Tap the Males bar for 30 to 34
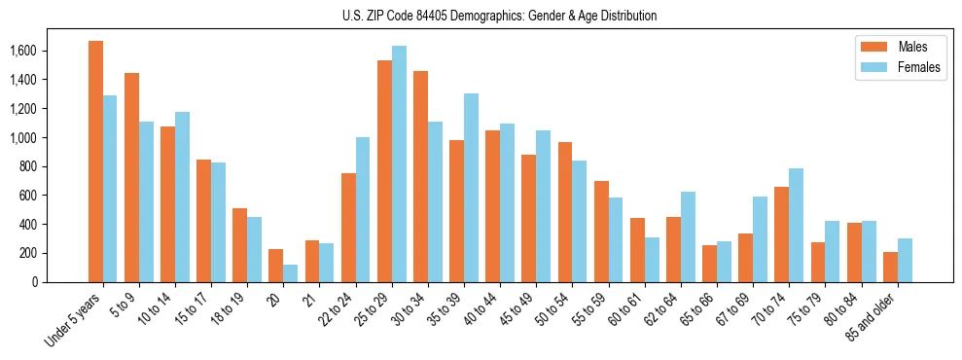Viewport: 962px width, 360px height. [x=420, y=176]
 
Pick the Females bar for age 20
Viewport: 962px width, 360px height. [x=291, y=273]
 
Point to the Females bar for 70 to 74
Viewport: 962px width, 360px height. [x=797, y=225]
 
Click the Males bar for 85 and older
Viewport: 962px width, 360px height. [x=890, y=267]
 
